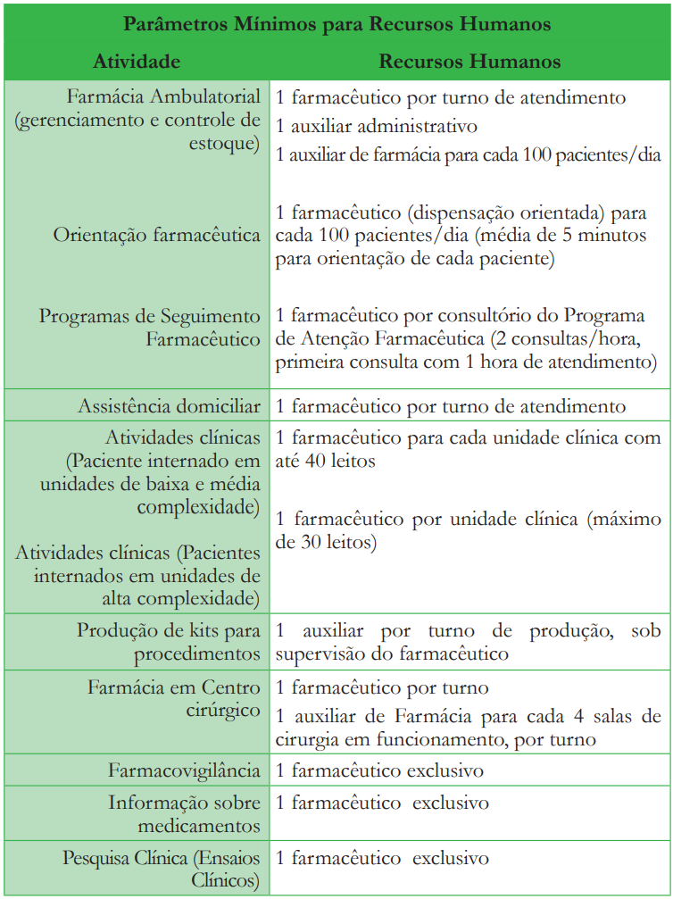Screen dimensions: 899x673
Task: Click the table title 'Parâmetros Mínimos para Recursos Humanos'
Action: (336, 24)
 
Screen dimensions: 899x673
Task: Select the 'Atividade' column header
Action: (137, 61)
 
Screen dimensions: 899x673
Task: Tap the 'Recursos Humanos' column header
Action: (469, 61)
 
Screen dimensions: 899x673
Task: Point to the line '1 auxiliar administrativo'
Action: (377, 126)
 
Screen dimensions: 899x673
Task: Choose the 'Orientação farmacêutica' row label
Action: (157, 236)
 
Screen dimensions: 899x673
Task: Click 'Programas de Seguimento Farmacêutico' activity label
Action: (150, 328)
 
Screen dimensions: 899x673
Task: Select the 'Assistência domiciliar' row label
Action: (169, 406)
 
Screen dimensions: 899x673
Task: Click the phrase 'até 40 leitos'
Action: (326, 462)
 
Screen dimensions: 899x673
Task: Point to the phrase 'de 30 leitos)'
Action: (326, 542)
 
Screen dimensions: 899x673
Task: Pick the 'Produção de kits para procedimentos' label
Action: (169, 643)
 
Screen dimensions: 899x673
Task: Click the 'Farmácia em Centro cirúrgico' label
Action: (174, 699)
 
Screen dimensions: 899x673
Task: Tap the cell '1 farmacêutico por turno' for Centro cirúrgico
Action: (382, 688)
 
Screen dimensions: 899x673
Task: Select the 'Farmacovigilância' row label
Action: (185, 770)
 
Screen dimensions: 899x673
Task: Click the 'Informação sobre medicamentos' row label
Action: (185, 814)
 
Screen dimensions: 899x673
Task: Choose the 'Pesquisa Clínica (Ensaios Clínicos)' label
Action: (162, 870)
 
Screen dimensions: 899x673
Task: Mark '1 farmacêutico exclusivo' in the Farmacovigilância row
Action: (379, 770)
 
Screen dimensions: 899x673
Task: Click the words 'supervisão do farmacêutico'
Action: (392, 653)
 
